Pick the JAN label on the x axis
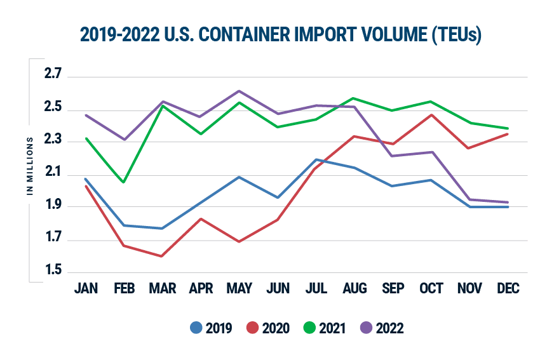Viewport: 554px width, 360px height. coord(86,289)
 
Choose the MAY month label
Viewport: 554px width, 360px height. coord(239,289)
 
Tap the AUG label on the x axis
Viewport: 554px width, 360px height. coord(354,289)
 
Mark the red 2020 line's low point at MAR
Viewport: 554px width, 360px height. coord(162,257)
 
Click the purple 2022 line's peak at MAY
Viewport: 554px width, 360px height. coord(239,91)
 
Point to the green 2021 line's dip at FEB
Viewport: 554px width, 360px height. coord(124,182)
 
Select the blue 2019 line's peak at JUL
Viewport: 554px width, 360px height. coord(316,159)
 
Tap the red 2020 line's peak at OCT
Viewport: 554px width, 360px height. coord(431,115)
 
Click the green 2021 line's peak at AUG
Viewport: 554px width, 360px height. coord(354,98)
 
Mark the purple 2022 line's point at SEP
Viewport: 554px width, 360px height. coord(393,156)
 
